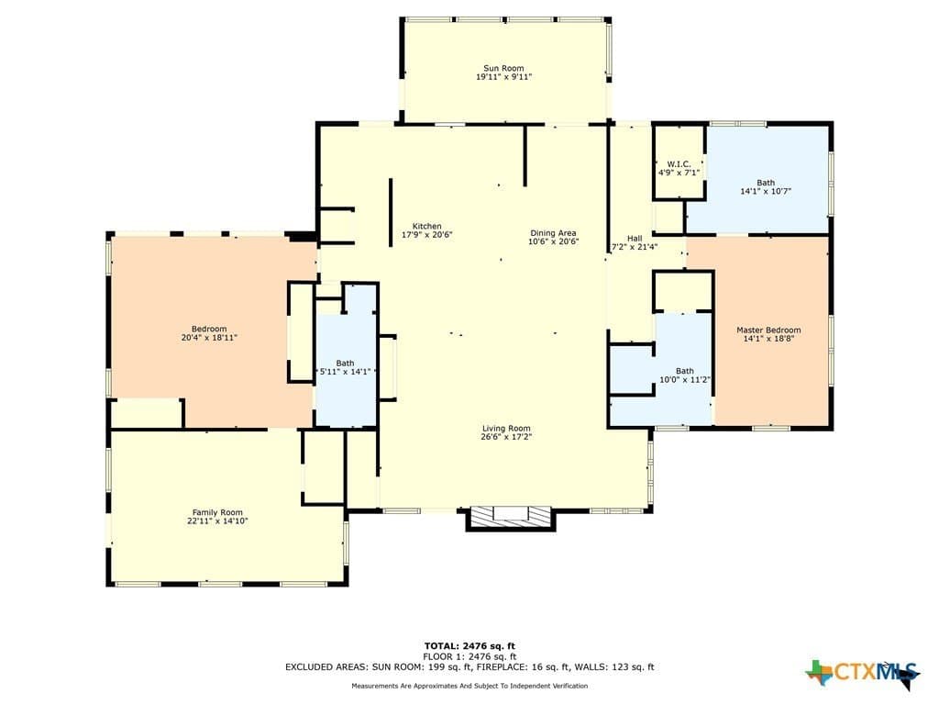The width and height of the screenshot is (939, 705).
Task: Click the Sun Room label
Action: pos(503,68)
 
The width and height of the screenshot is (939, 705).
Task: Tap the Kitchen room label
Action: pos(427,226)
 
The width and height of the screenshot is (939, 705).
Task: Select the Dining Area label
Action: pos(553,233)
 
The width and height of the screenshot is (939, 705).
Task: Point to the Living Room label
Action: pos(506,428)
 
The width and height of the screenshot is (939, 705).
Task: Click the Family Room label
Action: pos(217,512)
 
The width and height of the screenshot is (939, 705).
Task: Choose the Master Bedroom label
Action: pos(768,330)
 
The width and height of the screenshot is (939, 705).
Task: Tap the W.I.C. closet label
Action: pos(679,164)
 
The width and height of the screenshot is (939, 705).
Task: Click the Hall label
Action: pos(635,238)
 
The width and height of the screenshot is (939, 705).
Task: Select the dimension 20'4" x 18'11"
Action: pos(209,338)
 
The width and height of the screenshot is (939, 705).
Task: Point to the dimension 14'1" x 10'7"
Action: pos(766,191)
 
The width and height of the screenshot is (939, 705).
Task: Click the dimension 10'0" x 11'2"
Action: pos(684,379)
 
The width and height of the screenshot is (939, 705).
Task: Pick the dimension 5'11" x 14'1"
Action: pos(345,372)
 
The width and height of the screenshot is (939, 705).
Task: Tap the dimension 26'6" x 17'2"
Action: pos(506,436)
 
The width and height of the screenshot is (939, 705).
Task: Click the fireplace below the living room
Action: pos(510,519)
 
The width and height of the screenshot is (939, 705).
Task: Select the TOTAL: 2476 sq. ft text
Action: pos(469,645)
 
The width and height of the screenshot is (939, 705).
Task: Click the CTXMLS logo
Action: pos(862,672)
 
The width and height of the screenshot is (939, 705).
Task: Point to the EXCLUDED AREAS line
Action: pos(469,666)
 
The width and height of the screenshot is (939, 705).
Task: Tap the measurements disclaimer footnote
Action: pos(469,686)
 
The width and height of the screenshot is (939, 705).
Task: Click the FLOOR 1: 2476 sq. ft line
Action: pos(469,656)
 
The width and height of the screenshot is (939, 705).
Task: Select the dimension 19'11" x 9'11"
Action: pos(503,77)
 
